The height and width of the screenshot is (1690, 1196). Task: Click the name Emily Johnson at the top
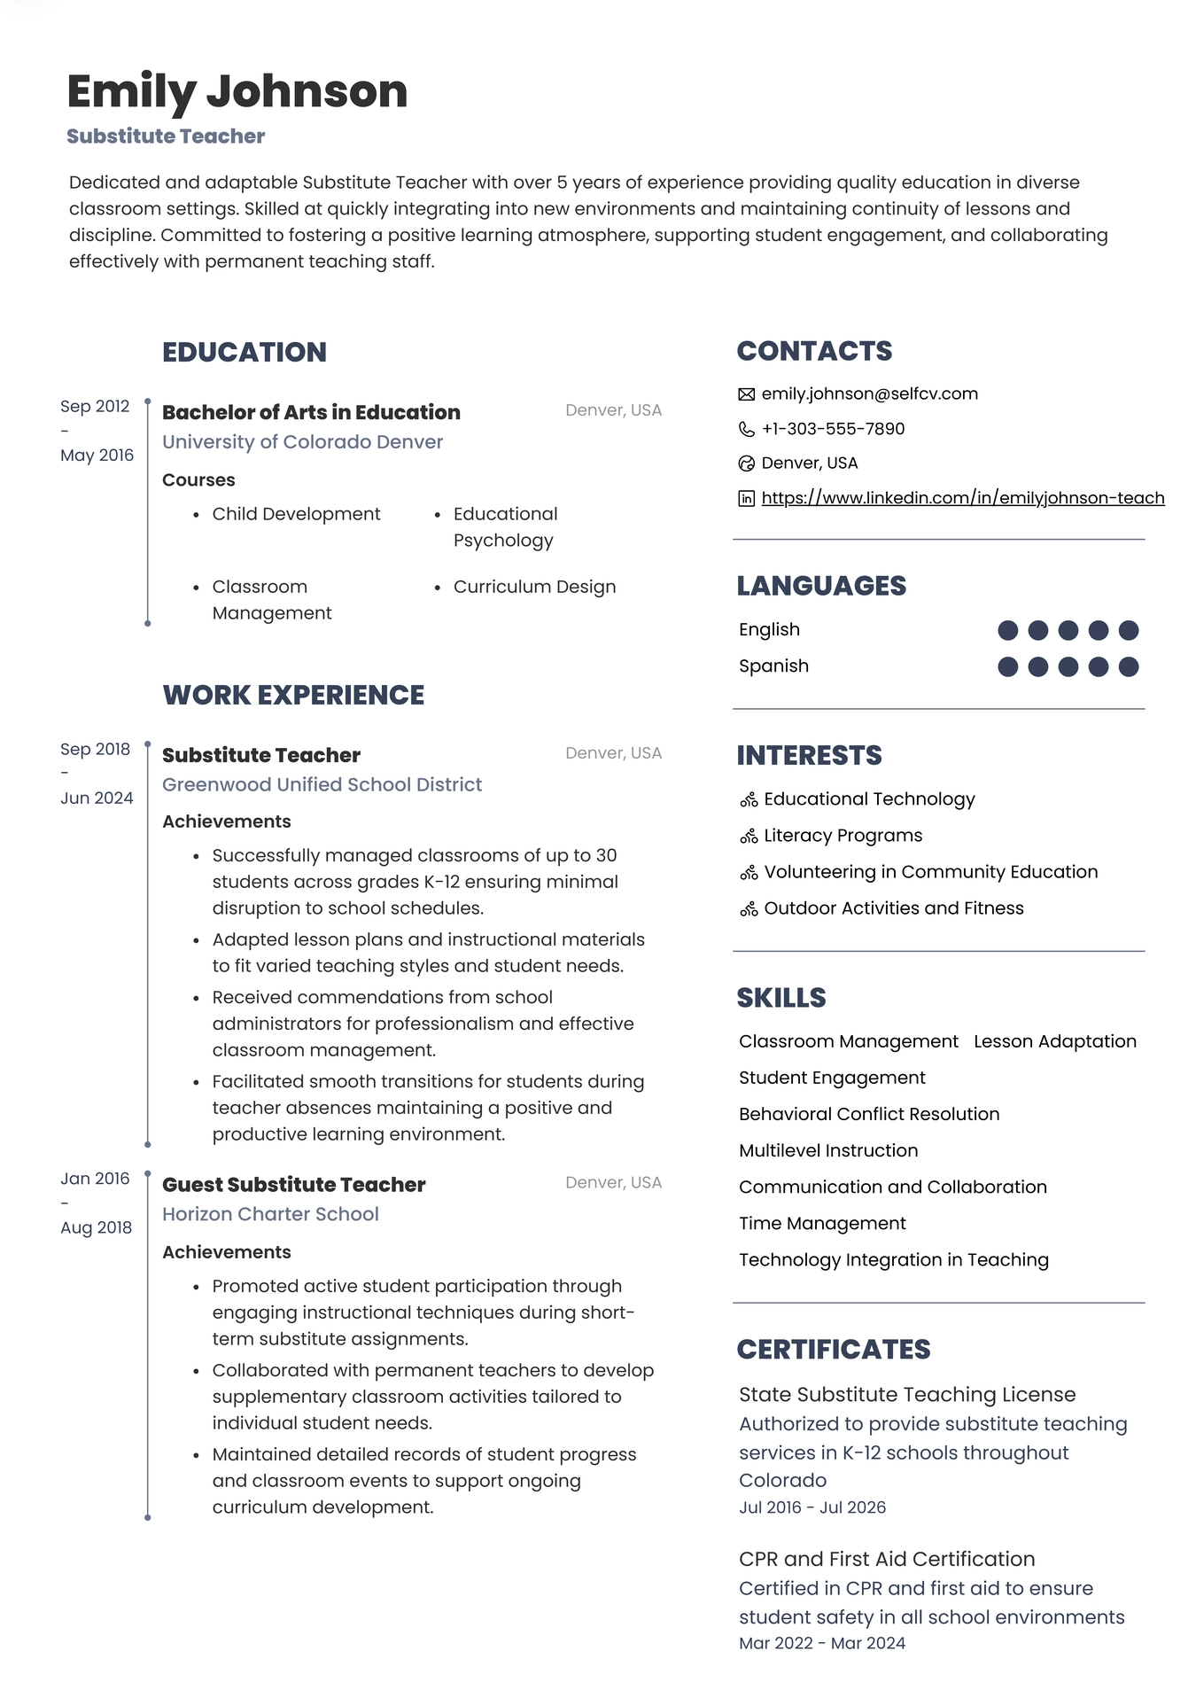click(x=237, y=91)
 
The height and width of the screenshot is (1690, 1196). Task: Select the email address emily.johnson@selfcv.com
click(x=869, y=393)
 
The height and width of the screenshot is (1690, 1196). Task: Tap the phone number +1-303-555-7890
click(x=833, y=429)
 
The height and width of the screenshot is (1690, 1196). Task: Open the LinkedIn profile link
click(x=962, y=498)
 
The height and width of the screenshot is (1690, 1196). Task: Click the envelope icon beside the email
click(x=746, y=394)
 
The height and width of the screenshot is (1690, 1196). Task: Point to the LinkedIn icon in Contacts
click(x=746, y=499)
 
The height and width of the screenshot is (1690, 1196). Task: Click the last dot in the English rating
click(x=1128, y=630)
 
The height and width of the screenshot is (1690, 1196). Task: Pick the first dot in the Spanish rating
click(x=1007, y=666)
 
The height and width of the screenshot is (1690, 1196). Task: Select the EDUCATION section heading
click(x=245, y=352)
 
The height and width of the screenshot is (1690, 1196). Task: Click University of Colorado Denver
click(x=302, y=441)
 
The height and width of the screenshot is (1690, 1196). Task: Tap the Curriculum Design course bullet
click(x=534, y=587)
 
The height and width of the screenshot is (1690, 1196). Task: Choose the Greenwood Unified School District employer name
click(x=322, y=784)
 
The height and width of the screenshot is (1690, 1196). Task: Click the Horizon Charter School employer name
click(x=270, y=1214)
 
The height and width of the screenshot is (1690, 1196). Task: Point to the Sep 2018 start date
click(x=95, y=749)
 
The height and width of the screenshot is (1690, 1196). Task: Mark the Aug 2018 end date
click(x=96, y=1227)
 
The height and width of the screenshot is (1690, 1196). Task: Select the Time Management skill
click(x=822, y=1223)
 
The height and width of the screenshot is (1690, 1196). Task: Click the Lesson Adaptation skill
click(x=1054, y=1041)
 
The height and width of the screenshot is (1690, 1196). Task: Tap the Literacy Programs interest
click(x=843, y=836)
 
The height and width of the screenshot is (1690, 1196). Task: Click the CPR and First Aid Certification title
click(x=887, y=1559)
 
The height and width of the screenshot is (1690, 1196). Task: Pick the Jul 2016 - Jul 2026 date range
click(x=812, y=1507)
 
